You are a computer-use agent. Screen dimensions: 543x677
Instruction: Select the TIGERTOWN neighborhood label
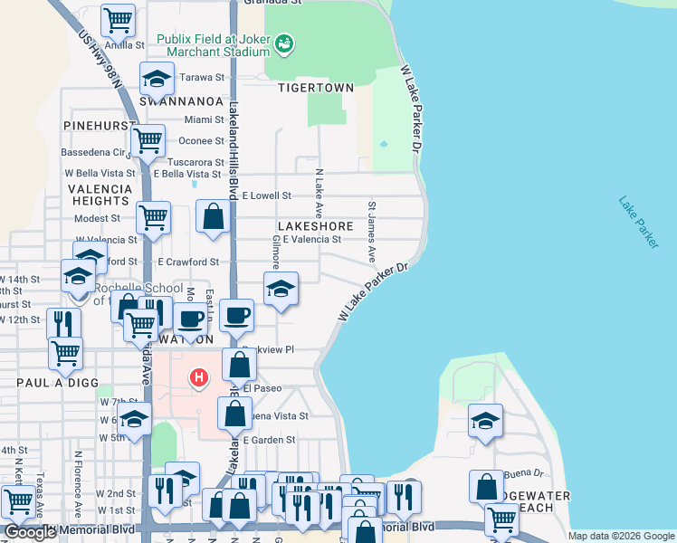(x=315, y=88)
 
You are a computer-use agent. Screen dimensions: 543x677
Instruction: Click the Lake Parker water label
(x=639, y=222)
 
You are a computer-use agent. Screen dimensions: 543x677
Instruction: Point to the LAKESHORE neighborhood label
(x=315, y=225)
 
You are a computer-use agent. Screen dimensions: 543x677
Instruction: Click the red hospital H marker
(x=197, y=376)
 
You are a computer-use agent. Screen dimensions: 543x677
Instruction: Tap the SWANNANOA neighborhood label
(x=181, y=102)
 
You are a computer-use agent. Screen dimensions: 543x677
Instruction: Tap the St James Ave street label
(x=371, y=227)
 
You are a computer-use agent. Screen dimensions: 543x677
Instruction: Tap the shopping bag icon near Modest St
(x=213, y=216)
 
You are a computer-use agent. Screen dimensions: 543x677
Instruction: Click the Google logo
(x=30, y=532)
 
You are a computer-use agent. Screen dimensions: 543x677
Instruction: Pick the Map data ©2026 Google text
(x=620, y=536)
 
